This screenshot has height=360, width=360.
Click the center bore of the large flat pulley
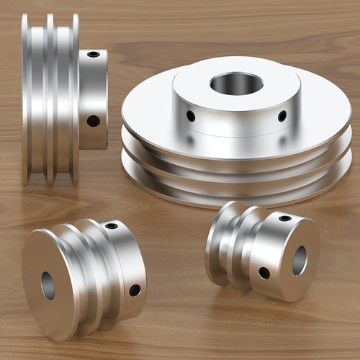pos(236,84)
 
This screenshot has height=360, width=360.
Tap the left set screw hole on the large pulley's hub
pos(191,115)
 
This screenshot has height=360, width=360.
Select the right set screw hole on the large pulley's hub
pos(282,115)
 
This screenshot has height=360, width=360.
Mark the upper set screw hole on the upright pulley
pos(94,54)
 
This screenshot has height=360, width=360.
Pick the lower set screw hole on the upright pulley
pos(93,120)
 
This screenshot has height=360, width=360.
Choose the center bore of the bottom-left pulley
pos(48,286)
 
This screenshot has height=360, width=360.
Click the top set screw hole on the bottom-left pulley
pos(112,226)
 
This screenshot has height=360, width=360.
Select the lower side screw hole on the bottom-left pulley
pos(135,290)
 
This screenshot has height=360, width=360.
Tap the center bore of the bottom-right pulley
pos(300,260)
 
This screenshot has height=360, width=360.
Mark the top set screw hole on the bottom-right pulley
pos(285,217)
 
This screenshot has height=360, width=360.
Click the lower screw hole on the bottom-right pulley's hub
pos(264,273)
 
